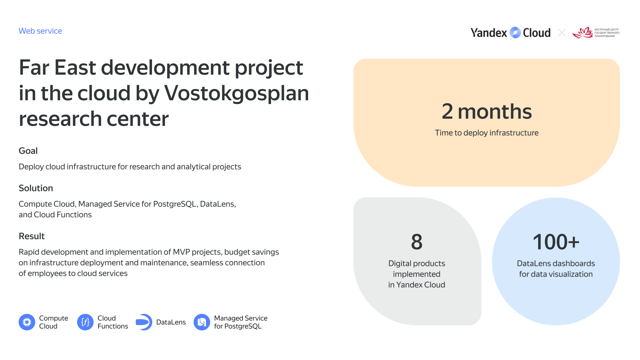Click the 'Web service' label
[x=40, y=31]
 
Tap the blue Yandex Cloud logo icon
[x=515, y=33]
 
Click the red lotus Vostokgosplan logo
[x=583, y=33]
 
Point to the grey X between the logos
[x=562, y=33]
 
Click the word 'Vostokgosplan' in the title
[x=236, y=93]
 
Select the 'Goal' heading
[x=28, y=151]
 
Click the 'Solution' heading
[x=36, y=188]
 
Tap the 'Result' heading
[x=31, y=236]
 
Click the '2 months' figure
[x=487, y=111]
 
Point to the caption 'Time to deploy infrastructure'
[x=487, y=133]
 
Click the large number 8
[x=417, y=242]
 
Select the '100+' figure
[x=556, y=242]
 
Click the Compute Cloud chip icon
[x=27, y=322]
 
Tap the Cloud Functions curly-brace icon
[x=85, y=322]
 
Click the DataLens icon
[x=144, y=322]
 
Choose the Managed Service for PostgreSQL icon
[x=202, y=322]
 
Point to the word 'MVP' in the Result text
[x=181, y=252]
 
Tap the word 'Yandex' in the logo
[x=489, y=33]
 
